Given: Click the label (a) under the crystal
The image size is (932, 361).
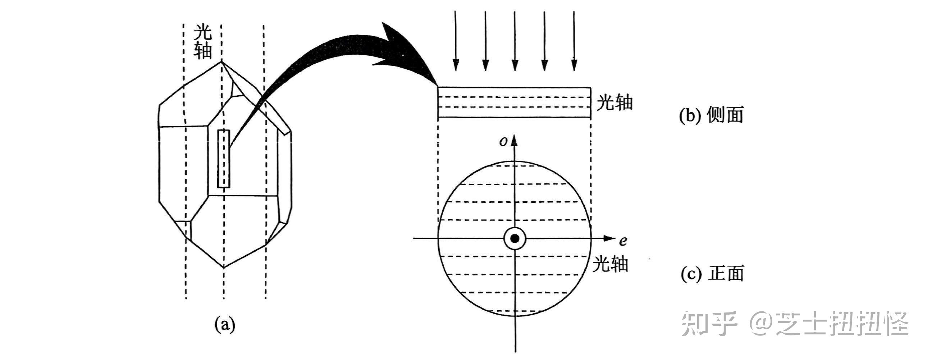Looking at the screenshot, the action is pyautogui.click(x=225, y=324).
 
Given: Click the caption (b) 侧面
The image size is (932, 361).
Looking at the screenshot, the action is pyautogui.click(x=711, y=115).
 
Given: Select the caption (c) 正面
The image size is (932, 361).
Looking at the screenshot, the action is pyautogui.click(x=712, y=274).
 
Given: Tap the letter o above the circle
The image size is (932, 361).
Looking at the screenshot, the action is pyautogui.click(x=503, y=142).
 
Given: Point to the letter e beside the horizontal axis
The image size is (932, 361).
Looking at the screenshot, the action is pyautogui.click(x=623, y=241).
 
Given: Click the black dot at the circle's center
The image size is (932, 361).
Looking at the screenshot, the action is pyautogui.click(x=515, y=238).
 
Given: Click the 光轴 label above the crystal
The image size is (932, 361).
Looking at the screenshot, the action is pyautogui.click(x=202, y=42).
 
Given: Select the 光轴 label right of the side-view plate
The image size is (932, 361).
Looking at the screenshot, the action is pyautogui.click(x=615, y=103).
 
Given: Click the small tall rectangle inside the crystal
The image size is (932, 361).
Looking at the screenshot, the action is pyautogui.click(x=224, y=159).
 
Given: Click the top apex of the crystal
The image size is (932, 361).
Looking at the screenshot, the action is pyautogui.click(x=222, y=62).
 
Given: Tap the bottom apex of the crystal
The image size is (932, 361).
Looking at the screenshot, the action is pyautogui.click(x=224, y=268).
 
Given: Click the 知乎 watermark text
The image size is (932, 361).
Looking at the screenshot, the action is pyautogui.click(x=709, y=324).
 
